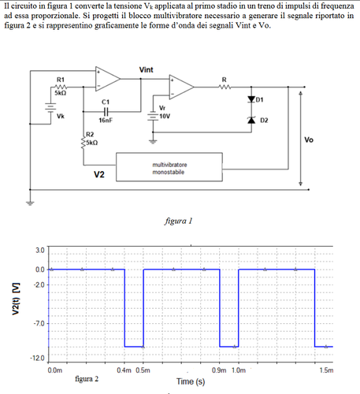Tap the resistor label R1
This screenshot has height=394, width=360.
click(x=61, y=80)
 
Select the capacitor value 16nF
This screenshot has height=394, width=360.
click(x=106, y=121)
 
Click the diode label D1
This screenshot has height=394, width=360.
click(x=261, y=100)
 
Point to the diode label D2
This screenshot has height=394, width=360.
click(x=264, y=120)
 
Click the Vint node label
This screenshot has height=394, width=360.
click(x=146, y=70)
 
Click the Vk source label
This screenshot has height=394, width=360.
click(x=61, y=116)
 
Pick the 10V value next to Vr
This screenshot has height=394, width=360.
click(x=165, y=115)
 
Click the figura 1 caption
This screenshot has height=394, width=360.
click(x=180, y=221)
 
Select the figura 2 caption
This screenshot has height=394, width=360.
click(x=87, y=379)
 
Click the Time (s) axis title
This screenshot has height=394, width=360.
click(x=191, y=381)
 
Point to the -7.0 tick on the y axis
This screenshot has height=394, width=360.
click(x=39, y=324)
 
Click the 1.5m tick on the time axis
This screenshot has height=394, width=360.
click(x=326, y=370)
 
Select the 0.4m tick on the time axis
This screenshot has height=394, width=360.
click(x=124, y=370)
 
